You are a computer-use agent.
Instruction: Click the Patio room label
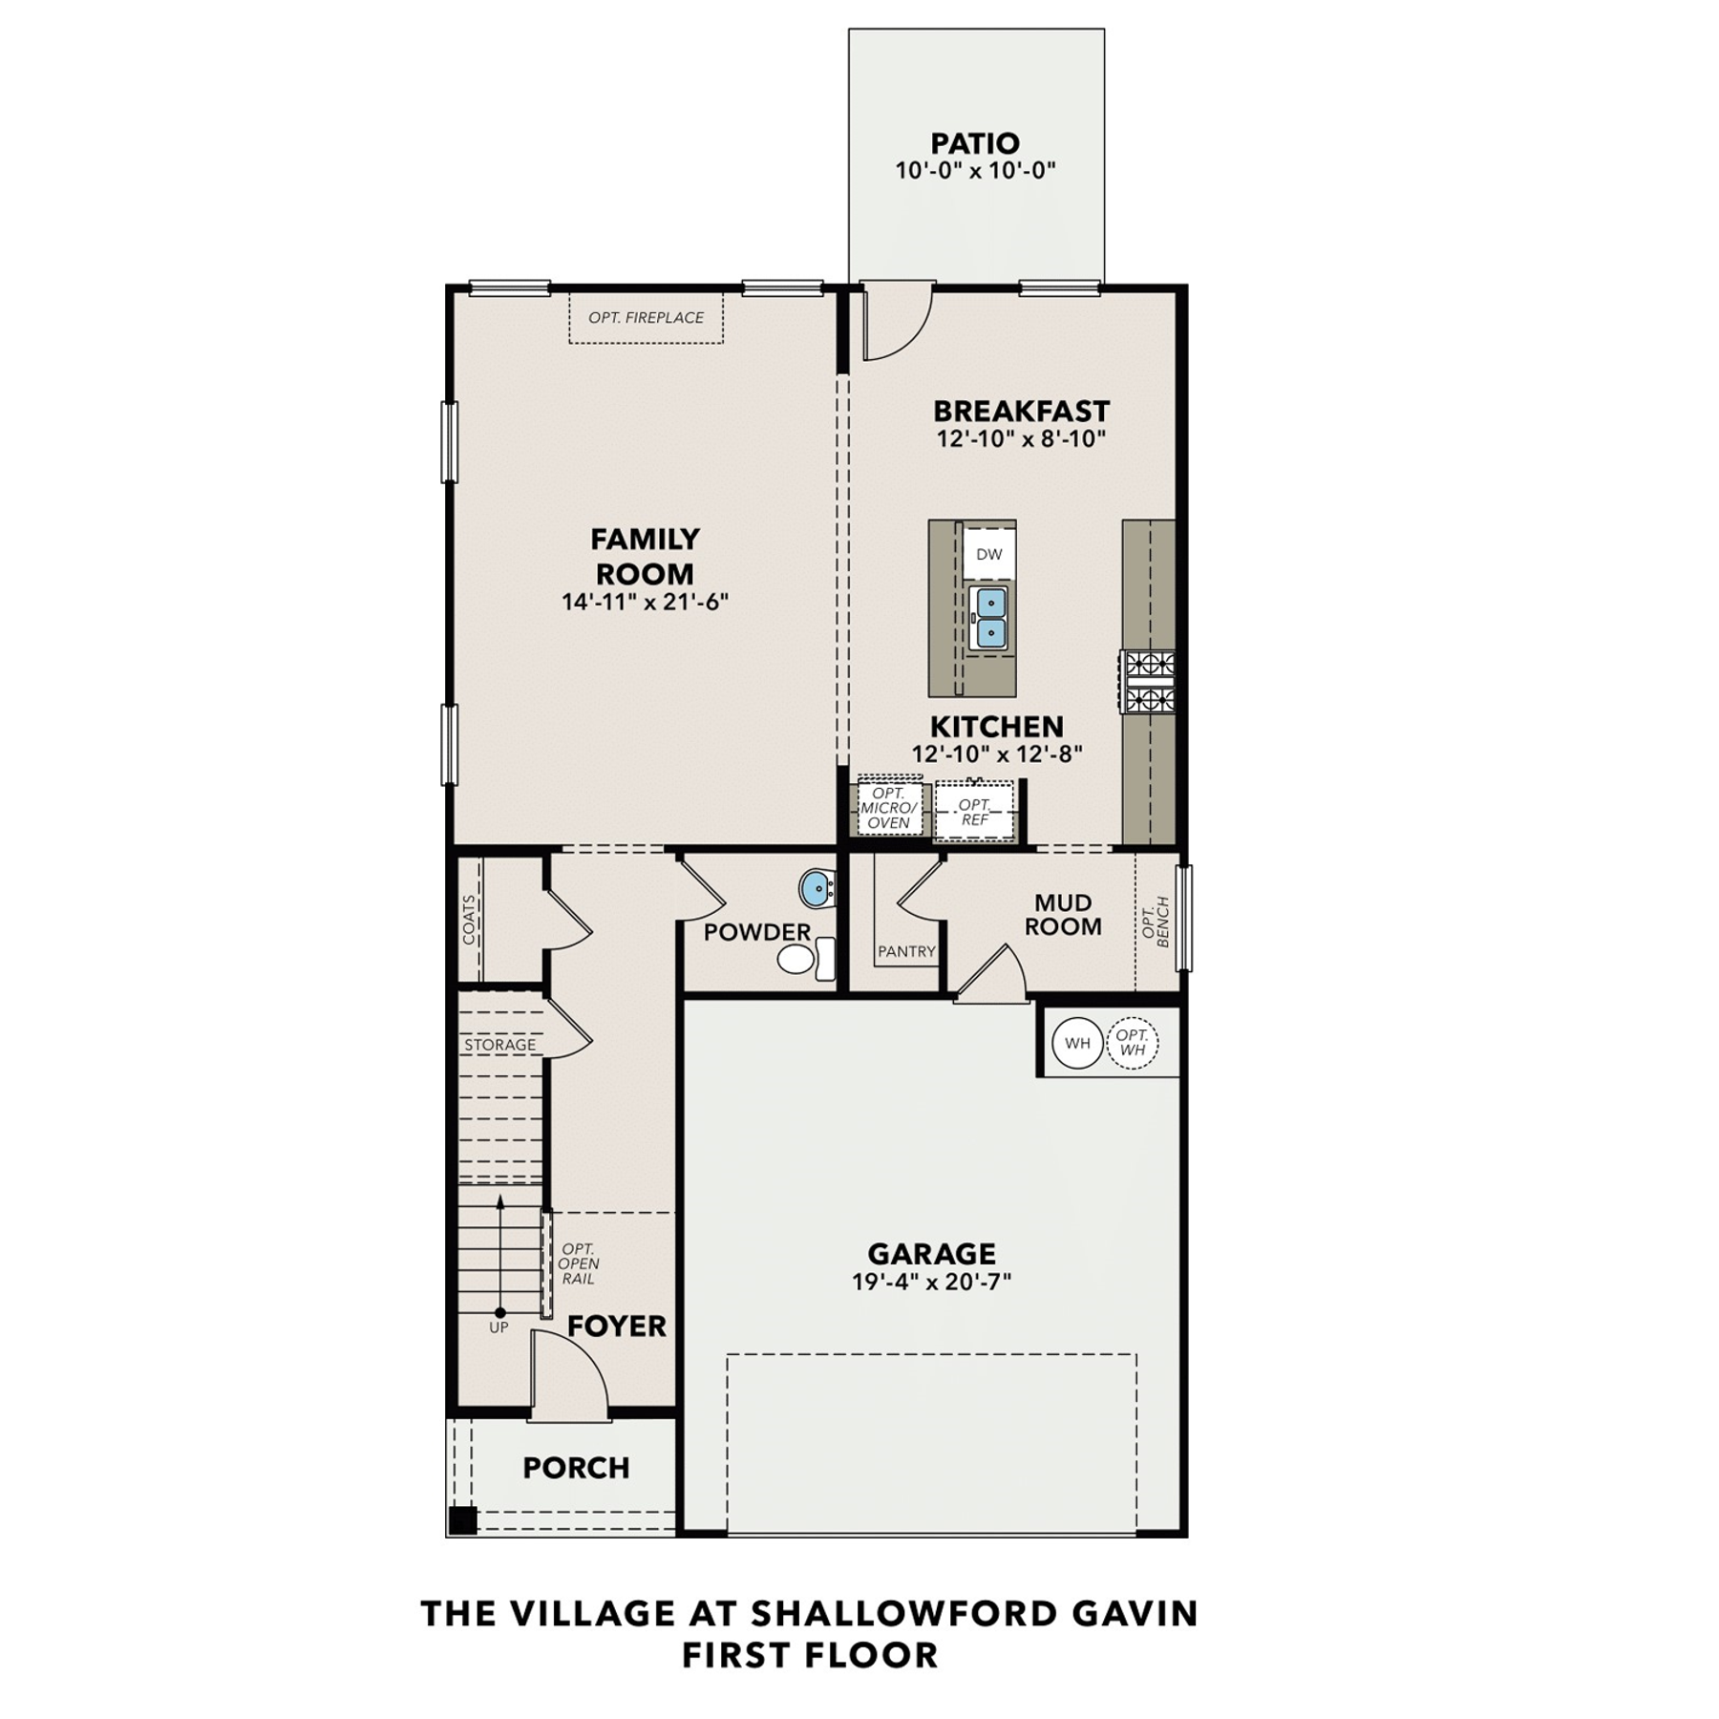(975, 143)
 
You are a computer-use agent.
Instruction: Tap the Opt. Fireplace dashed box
(646, 318)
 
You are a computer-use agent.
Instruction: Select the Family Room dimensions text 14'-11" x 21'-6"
(645, 602)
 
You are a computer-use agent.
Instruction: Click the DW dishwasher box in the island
(989, 554)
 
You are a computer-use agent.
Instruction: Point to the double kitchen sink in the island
(988, 619)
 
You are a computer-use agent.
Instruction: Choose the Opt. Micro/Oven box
(889, 808)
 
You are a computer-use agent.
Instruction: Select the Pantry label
(906, 951)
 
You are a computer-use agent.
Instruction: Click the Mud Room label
(1063, 915)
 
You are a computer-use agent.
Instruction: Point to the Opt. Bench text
(1156, 922)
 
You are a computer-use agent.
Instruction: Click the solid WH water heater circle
(1077, 1043)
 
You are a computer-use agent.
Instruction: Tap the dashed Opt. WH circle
(1133, 1043)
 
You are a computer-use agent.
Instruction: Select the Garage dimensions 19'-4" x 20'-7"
(931, 1282)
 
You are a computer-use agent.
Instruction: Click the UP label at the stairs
(499, 1327)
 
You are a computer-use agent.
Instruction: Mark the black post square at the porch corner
(462, 1520)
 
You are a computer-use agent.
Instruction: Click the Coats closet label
(469, 920)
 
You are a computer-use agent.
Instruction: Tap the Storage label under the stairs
(500, 1046)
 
